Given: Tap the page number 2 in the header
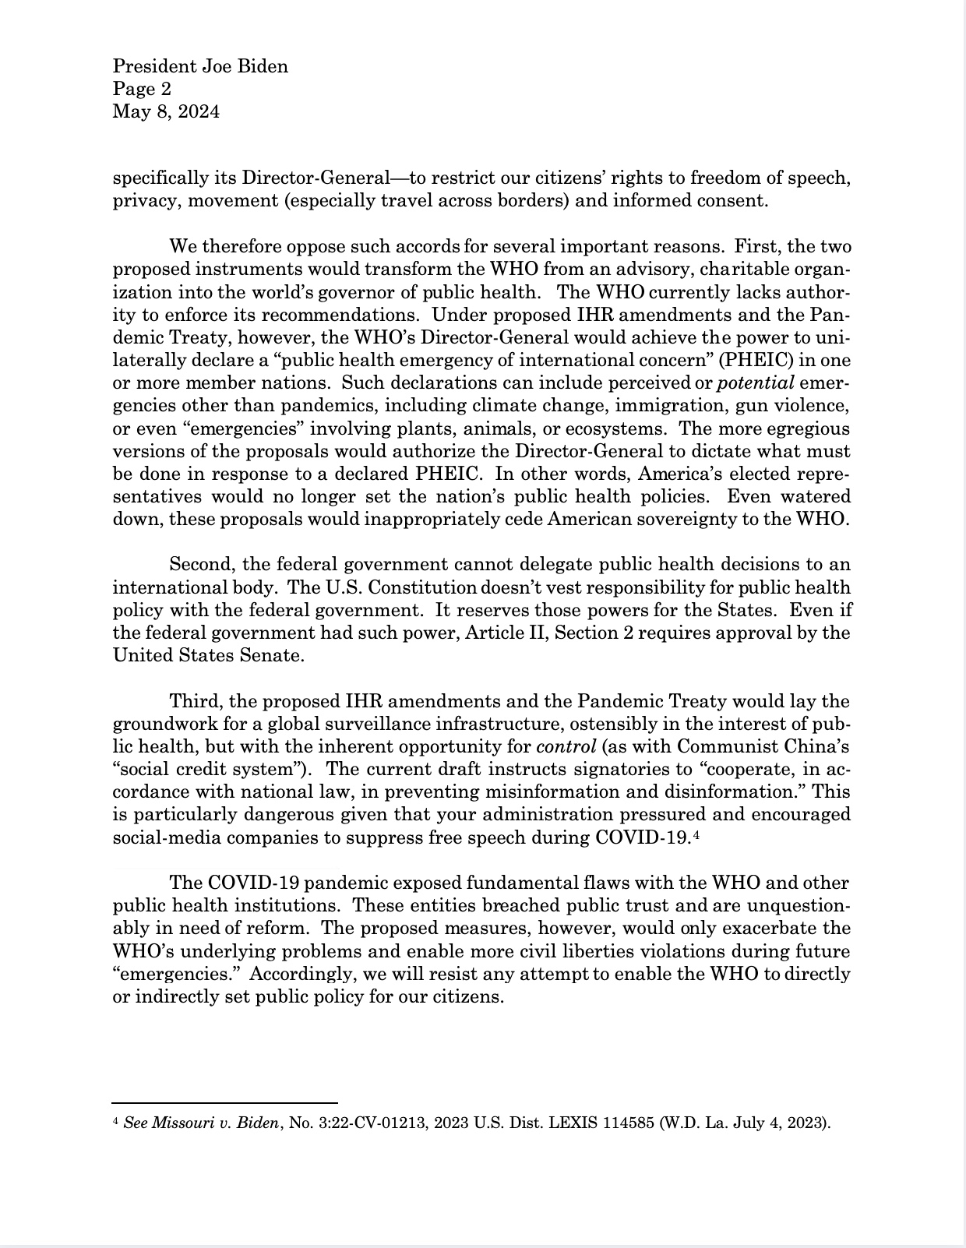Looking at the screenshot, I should (x=166, y=89).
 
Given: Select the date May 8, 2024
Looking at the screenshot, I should (x=166, y=111).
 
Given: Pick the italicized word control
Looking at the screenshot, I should (x=566, y=746).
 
